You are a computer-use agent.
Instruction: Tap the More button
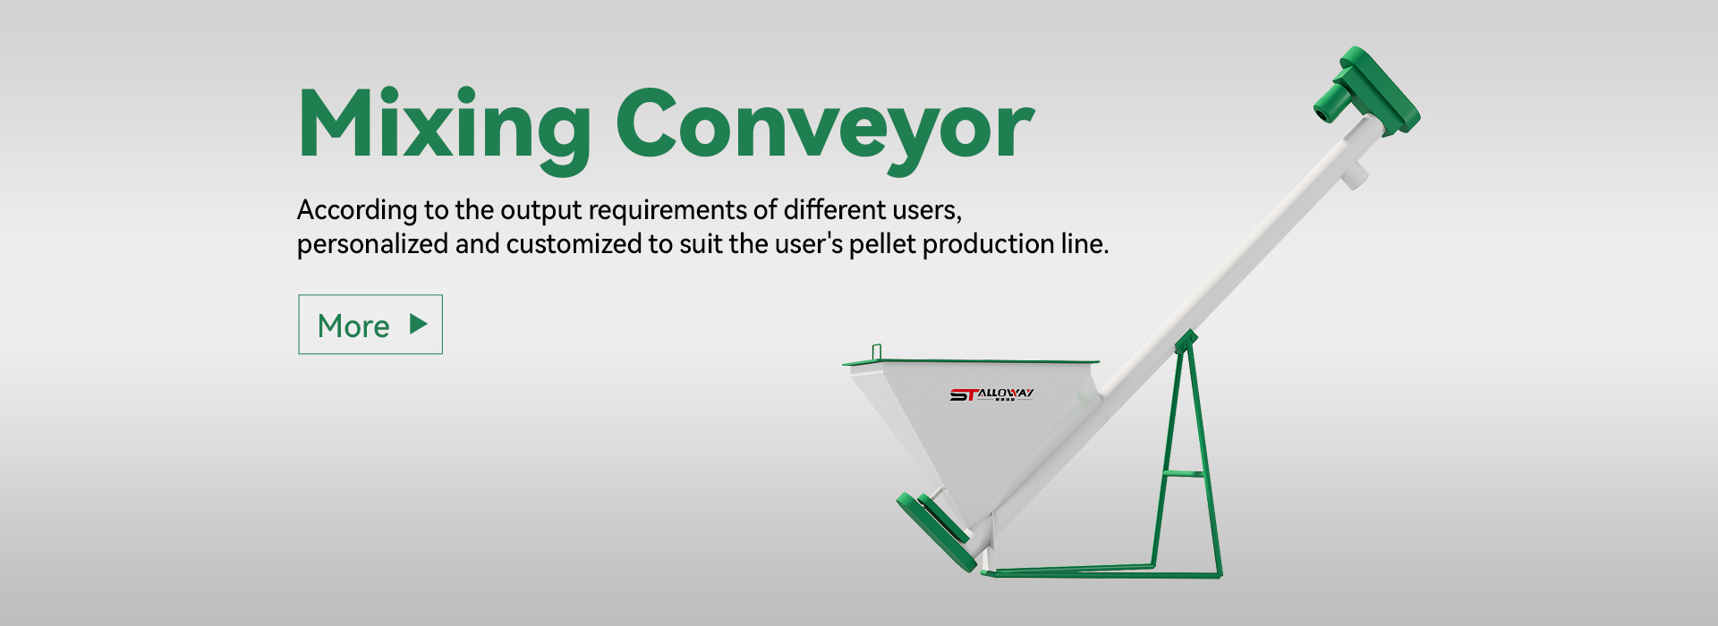pyautogui.click(x=370, y=325)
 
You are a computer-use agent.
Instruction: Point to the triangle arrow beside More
pyautogui.click(x=418, y=324)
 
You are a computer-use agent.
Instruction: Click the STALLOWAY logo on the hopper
pyautogui.click(x=991, y=394)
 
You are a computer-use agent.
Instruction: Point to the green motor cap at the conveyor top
pyautogui.click(x=1369, y=92)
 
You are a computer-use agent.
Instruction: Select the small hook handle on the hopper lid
pyautogui.click(x=877, y=352)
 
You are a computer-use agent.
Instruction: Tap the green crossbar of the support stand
pyautogui.click(x=1183, y=473)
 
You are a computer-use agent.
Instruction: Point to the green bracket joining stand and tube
pyautogui.click(x=1186, y=341)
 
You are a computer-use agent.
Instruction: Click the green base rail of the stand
pyautogui.click(x=1101, y=571)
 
